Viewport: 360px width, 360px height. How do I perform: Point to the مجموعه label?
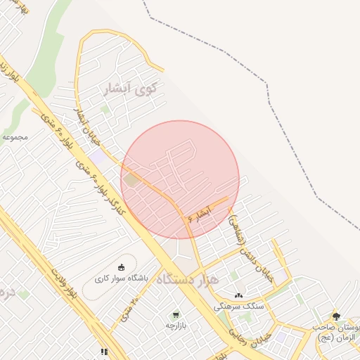tap(14, 136)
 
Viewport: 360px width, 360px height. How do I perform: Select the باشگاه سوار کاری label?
tap(121, 278)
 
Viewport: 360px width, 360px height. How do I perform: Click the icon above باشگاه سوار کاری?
tap(121, 267)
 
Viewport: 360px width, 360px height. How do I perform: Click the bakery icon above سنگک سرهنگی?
tap(239, 295)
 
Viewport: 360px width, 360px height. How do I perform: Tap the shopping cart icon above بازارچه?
tap(175, 314)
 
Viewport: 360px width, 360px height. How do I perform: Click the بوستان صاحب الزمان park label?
tap(337, 333)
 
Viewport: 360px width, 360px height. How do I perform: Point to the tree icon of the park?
tap(335, 317)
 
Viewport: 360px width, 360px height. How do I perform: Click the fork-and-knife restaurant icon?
tap(103, 351)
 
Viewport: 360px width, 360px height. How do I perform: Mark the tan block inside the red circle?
tap(131, 180)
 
